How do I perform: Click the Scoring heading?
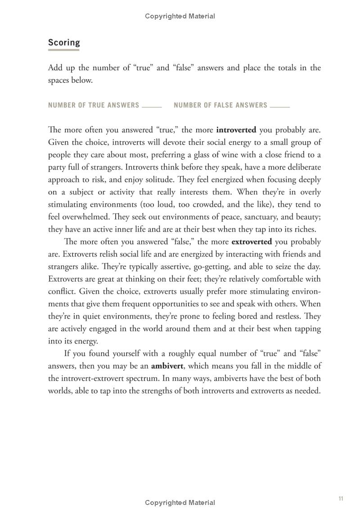pos(64,42)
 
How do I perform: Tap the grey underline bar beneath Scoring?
pos(64,50)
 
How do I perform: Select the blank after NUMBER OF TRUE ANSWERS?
pos(152,108)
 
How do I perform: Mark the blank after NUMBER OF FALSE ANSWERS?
pos(279,108)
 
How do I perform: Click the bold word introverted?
pos(236,130)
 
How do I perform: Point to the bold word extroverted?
pos(252,242)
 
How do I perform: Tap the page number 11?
pos(341,498)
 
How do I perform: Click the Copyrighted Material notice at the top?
pos(180,16)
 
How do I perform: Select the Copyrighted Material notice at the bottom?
pos(180,503)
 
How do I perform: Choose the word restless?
pos(284,316)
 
